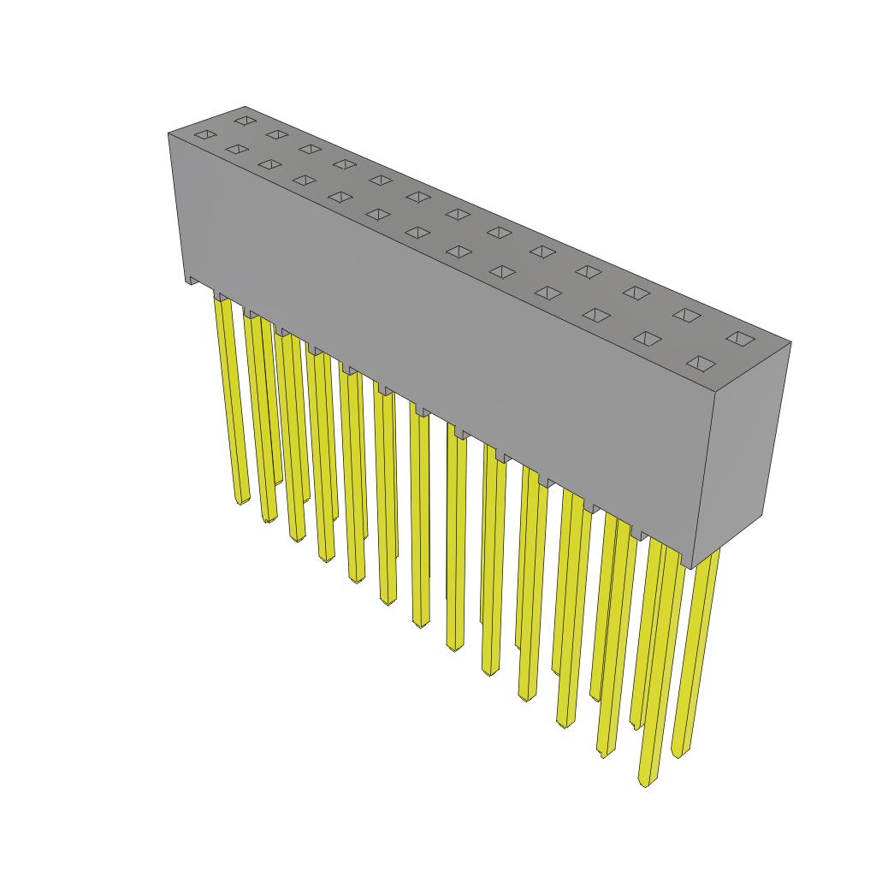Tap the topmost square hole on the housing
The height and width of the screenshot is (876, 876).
pyautogui.click(x=246, y=120)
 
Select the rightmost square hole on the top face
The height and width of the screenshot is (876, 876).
pyautogui.click(x=741, y=338)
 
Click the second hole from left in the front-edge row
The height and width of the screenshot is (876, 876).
pyautogui.click(x=235, y=150)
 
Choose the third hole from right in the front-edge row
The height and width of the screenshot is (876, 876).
pyautogui.click(x=595, y=315)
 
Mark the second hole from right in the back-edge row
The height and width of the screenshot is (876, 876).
pyautogui.click(x=686, y=315)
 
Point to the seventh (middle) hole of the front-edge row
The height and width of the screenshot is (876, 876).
pyautogui.click(x=417, y=232)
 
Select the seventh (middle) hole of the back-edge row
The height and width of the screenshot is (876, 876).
pyautogui.click(x=457, y=213)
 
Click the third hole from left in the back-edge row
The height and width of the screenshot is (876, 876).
pyautogui.click(x=310, y=149)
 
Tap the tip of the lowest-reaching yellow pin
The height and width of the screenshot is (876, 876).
pyautogui.click(x=647, y=781)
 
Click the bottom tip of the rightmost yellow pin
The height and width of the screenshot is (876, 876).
pyautogui.click(x=679, y=753)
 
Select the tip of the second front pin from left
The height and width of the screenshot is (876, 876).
pyautogui.click(x=269, y=518)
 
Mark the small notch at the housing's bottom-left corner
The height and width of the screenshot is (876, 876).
pyautogui.click(x=191, y=280)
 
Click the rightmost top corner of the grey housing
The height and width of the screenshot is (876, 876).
pyautogui.click(x=791, y=343)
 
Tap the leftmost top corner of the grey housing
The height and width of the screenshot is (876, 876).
pyautogui.click(x=168, y=133)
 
